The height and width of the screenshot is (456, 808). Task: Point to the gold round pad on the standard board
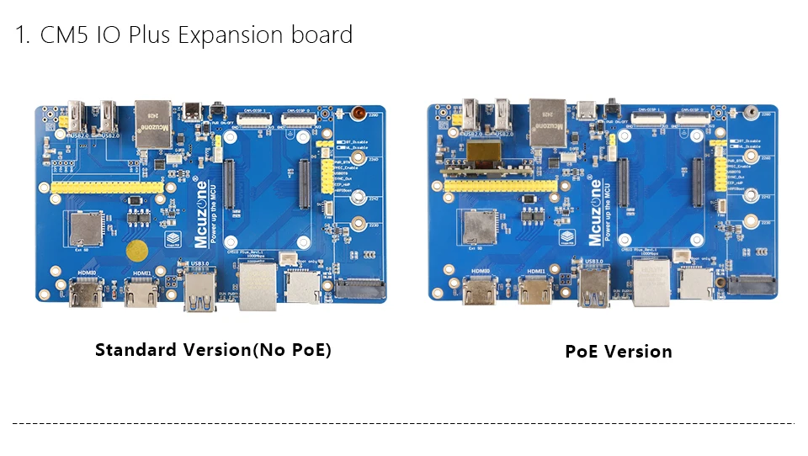[x=137, y=251]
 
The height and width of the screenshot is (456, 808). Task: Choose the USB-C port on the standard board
[x=194, y=113]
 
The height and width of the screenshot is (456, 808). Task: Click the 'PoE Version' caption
[x=619, y=352]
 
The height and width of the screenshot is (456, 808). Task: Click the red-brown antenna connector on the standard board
[x=359, y=112]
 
